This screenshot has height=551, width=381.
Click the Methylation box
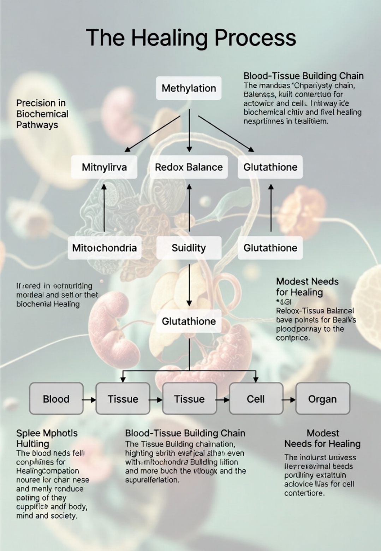189,88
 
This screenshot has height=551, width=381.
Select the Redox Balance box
189,167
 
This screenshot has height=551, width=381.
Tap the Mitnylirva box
104,167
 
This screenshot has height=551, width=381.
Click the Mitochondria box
104,248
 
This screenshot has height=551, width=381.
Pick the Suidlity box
189,248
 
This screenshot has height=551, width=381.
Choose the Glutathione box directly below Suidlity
189,321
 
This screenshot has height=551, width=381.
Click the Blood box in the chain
56,399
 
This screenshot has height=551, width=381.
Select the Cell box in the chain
256,399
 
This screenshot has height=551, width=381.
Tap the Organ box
322,399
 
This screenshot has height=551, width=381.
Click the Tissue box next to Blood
123,399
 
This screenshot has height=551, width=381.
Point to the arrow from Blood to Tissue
89,400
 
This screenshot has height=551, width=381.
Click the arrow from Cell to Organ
289,400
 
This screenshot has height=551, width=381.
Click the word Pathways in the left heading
37,125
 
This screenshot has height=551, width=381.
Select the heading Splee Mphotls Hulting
47,438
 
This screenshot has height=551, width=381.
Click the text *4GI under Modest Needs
284,302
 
